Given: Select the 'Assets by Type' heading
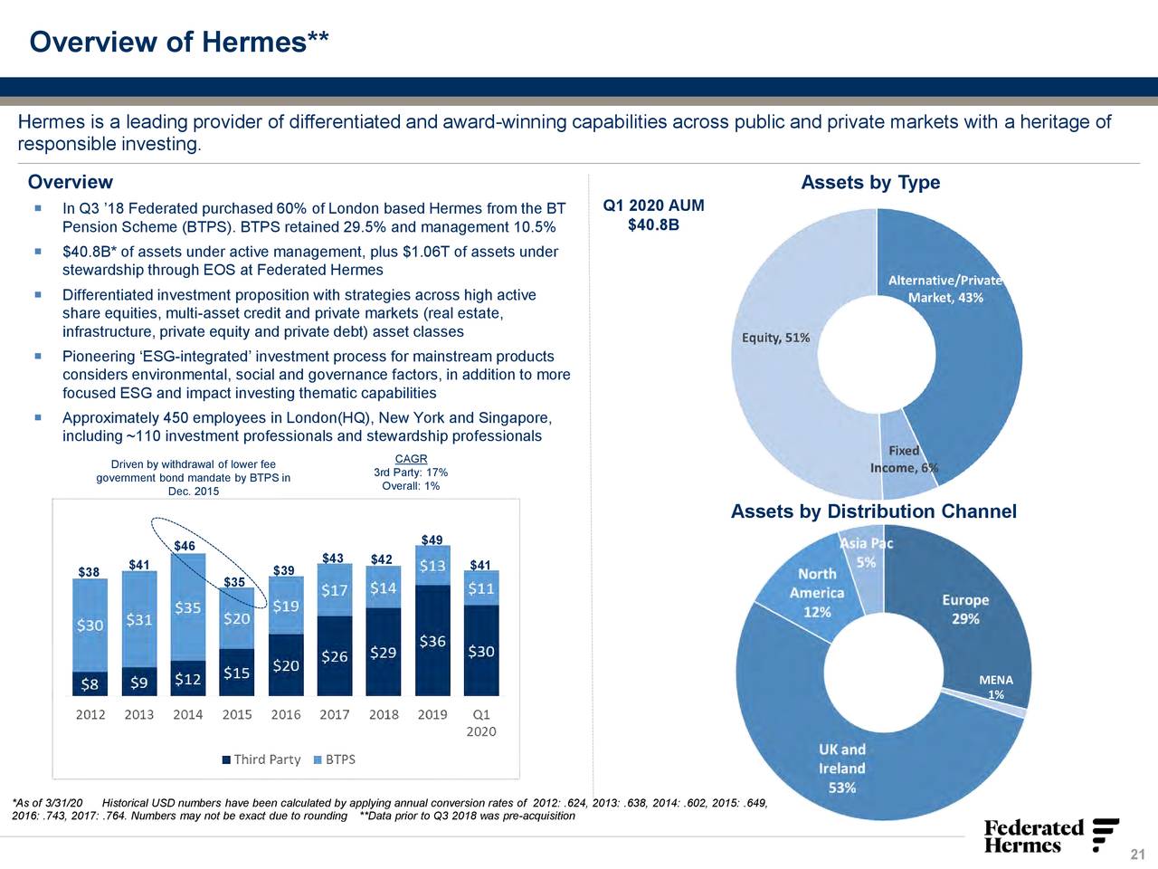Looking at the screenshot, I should coord(870,183).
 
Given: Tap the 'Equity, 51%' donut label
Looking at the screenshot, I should coord(775,338).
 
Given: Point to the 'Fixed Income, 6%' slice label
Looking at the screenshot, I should coord(904,459).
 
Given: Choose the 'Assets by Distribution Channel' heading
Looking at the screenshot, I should coord(873,512).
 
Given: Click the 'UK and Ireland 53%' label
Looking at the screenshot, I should coord(842,769).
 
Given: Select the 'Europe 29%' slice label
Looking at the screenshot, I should coord(964,609).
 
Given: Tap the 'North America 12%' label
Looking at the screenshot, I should coord(816,593).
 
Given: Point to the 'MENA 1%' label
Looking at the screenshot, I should coord(995,687).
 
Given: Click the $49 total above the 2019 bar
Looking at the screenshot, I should coord(432,540).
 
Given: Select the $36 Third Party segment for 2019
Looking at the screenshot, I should coord(432,641).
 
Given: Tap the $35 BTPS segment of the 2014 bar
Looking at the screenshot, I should coord(187,607).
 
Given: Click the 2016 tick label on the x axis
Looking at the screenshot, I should coord(285,714).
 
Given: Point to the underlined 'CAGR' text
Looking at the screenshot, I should coord(411,459).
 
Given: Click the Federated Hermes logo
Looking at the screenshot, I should coord(1049,836).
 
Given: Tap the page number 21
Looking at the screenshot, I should coord(1137,855).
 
